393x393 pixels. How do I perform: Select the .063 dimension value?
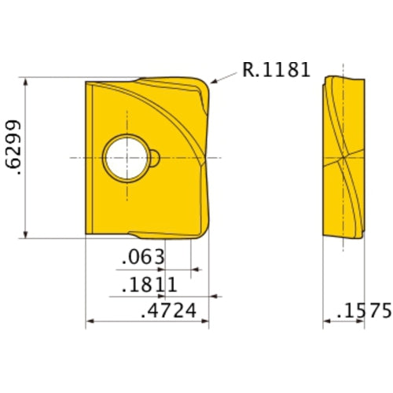[x=144, y=257]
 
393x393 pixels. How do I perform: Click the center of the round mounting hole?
[x=127, y=156]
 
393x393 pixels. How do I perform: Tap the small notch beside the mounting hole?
[x=156, y=157]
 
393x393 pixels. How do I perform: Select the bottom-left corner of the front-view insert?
[x=86, y=233]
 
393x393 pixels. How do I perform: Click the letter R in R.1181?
[x=248, y=71]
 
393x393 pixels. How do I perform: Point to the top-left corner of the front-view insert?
[x=86, y=82]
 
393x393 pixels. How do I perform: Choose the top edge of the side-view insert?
[x=344, y=77]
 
